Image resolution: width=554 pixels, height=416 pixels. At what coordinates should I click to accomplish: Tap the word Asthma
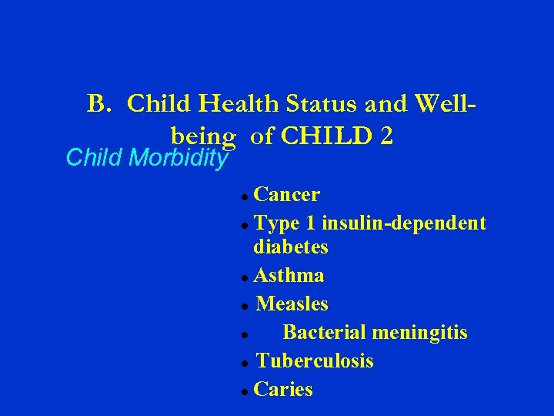[x=289, y=275]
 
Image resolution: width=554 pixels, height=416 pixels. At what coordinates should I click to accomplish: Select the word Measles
[x=292, y=304]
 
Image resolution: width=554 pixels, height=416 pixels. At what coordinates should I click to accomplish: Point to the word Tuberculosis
[x=315, y=361]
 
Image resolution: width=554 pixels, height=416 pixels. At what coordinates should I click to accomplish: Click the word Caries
[x=283, y=390]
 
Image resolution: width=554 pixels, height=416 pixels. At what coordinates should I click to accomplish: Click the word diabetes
[x=291, y=247]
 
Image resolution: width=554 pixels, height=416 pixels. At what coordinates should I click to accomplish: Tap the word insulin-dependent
[x=404, y=223]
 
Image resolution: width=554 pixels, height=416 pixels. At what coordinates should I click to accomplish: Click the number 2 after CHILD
[x=385, y=136]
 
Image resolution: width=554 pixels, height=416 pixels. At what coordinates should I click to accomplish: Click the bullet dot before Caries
[x=243, y=391]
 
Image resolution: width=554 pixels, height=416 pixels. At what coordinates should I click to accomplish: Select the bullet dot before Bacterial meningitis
[x=243, y=334]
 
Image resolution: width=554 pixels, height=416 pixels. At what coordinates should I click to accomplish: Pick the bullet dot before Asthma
[x=243, y=277]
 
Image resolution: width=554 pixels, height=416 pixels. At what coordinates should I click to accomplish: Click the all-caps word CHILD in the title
[x=325, y=136]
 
